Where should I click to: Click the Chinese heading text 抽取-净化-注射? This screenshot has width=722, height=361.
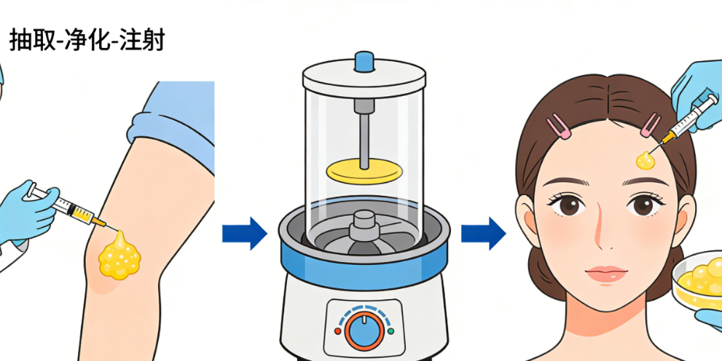click(87, 41)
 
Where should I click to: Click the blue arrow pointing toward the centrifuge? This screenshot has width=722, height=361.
click(245, 233)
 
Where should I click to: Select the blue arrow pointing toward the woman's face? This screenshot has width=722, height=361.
click(484, 233)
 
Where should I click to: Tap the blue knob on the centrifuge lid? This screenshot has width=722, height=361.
click(364, 61)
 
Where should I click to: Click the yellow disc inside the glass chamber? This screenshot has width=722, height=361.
click(364, 171)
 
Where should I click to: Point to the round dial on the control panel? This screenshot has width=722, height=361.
click(364, 329)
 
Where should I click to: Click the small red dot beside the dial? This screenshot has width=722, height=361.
click(337, 331)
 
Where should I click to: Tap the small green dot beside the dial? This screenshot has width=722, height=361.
click(391, 330)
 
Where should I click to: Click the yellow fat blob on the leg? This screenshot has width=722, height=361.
click(119, 255)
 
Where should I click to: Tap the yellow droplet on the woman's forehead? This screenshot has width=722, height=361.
click(646, 159)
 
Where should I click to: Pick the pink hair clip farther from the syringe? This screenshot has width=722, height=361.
click(559, 125)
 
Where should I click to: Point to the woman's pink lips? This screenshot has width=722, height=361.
click(606, 274)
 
